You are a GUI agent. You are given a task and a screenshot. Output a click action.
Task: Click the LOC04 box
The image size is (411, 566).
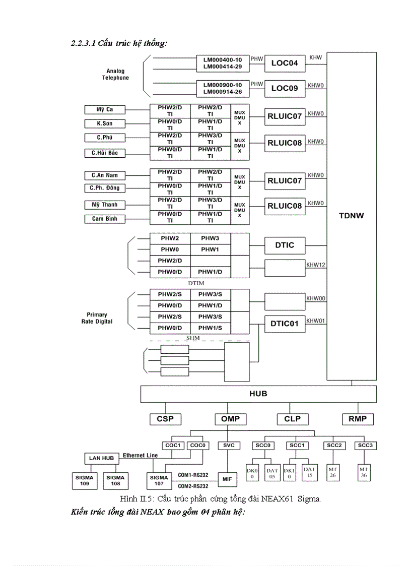pyautogui.click(x=285, y=63)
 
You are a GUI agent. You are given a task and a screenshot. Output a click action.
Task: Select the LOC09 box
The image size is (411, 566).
pyautogui.click(x=285, y=89)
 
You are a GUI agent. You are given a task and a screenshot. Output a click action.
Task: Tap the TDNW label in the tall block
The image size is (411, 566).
pyautogui.click(x=352, y=215)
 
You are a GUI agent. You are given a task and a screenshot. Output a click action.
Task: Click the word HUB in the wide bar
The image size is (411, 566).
pyautogui.click(x=257, y=393)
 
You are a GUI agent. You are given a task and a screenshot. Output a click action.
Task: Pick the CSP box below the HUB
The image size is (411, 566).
pyautogui.click(x=165, y=419)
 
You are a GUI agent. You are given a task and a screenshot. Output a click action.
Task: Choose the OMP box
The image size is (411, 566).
pyautogui.click(x=230, y=419)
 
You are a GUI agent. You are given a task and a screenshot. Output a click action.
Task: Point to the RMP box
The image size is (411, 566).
pyautogui.click(x=358, y=419)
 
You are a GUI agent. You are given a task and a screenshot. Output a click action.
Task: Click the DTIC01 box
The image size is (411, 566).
pyautogui.click(x=285, y=324)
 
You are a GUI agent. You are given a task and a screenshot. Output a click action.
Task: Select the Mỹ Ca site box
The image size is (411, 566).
pyautogui.click(x=105, y=109)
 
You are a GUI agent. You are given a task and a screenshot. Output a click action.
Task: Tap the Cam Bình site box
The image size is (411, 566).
pyautogui.click(x=105, y=219)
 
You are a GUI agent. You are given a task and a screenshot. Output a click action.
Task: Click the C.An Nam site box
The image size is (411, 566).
pyautogui.click(x=105, y=175)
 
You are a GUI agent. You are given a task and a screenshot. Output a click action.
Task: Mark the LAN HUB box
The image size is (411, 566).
pyautogui.click(x=101, y=458)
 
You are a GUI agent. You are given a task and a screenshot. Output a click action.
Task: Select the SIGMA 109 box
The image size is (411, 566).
pyautogui.click(x=84, y=480)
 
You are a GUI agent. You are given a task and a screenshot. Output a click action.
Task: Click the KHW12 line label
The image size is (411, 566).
pyautogui.click(x=316, y=264)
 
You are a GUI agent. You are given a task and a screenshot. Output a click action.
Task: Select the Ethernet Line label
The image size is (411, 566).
pyautogui.click(x=140, y=455)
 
